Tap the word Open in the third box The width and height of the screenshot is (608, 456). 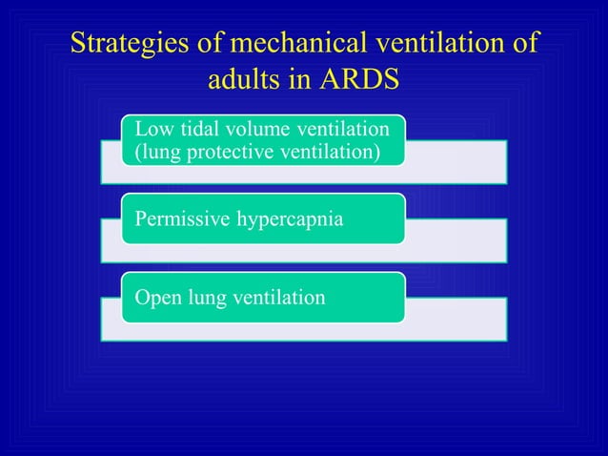pyautogui.click(x=153, y=298)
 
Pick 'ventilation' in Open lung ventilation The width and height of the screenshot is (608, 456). pyautogui.click(x=276, y=298)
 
